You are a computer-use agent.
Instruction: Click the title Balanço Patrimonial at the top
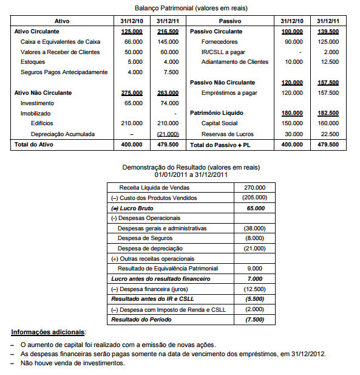click(180, 8)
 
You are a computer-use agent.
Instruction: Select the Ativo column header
click(62, 21)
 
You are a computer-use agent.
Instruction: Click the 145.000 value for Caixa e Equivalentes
click(167, 42)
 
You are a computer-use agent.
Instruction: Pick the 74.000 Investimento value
click(168, 103)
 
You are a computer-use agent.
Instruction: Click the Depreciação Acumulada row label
click(63, 134)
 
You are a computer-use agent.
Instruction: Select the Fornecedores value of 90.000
click(293, 42)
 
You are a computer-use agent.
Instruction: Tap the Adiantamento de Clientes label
click(234, 62)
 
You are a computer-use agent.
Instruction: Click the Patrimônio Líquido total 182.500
click(328, 113)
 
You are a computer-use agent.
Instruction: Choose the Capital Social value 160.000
click(328, 123)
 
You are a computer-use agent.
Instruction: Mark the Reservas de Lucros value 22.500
click(329, 134)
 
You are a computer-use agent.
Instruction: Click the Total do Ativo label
click(36, 145)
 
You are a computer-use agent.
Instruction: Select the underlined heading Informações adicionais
click(49, 332)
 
